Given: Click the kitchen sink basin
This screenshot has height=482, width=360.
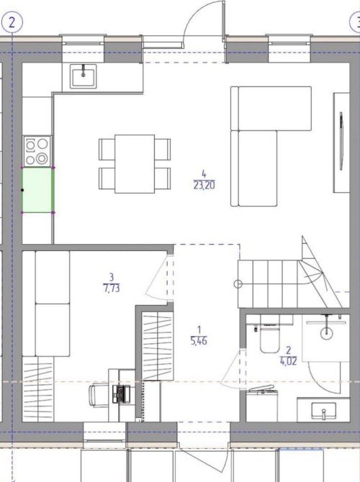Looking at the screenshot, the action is (83, 76).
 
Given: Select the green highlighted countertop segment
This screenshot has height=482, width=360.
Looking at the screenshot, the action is (38, 190).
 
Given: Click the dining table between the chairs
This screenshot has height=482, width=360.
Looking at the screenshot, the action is (135, 164).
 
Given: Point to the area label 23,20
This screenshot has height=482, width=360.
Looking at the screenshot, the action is (204, 186).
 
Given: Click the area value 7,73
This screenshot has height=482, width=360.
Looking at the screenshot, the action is (112, 288).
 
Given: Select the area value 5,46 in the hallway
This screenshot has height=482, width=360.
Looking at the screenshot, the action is (199, 341).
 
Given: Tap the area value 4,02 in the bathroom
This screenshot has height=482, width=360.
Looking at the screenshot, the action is (288, 361).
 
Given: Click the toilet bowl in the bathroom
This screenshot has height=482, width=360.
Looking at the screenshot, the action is (270, 340).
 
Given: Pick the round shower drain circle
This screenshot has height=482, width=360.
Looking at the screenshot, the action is (326, 333).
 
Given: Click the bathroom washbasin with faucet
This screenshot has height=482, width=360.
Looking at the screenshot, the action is (323, 409).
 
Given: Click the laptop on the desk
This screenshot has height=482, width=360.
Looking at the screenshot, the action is (121, 394).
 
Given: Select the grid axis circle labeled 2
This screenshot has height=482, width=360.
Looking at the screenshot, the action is (12, 22).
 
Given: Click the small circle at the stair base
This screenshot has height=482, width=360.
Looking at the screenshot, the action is (238, 284).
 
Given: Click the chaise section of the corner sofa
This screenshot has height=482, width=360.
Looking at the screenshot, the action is (258, 168).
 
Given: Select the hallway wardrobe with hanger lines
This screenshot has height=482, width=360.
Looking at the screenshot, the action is (158, 346).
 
